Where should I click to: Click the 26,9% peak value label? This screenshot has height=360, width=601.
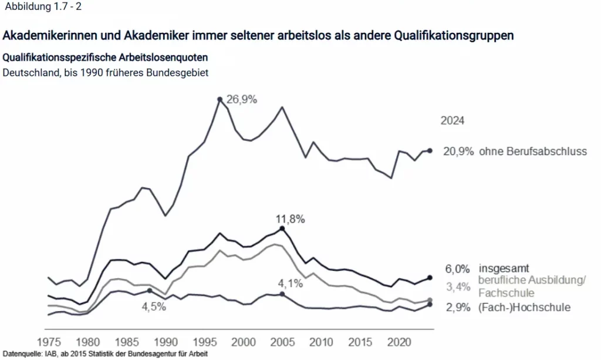pyautogui.click(x=242, y=99)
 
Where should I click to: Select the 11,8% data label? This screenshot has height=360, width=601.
pyautogui.click(x=291, y=219)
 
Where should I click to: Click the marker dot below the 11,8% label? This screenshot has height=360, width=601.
pyautogui.click(x=283, y=228)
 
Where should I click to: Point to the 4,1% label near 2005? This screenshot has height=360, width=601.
pyautogui.click(x=291, y=284)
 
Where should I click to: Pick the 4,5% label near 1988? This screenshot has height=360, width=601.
pyautogui.click(x=154, y=306)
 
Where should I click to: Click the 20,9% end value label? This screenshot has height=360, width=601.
pyautogui.click(x=458, y=152)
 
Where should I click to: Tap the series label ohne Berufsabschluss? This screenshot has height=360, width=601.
pyautogui.click(x=533, y=152)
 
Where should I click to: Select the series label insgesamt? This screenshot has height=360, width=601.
pyautogui.click(x=504, y=269)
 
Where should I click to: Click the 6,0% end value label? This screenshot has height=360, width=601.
pyautogui.click(x=457, y=270)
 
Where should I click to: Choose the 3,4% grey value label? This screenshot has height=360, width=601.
pyautogui.click(x=457, y=287)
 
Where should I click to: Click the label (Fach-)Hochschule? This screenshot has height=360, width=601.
pyautogui.click(x=524, y=307)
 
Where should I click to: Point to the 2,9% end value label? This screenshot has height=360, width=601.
pyautogui.click(x=457, y=307)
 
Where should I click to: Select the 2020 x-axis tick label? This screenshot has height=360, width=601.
pyautogui.click(x=399, y=341)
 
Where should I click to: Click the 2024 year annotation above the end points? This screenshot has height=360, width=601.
pyautogui.click(x=453, y=121)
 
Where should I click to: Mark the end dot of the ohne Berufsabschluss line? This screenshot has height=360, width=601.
pyautogui.click(x=430, y=151)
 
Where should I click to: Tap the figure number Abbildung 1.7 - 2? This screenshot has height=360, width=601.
pyautogui.click(x=42, y=7)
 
